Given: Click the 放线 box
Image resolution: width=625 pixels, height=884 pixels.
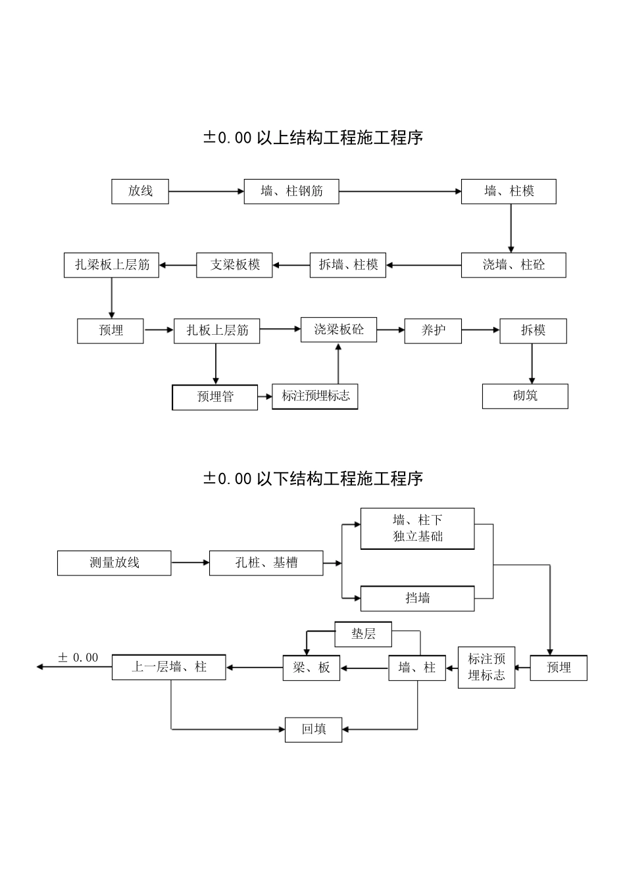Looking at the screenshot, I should point(140,191).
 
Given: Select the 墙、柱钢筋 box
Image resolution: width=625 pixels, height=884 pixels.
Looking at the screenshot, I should point(291,191).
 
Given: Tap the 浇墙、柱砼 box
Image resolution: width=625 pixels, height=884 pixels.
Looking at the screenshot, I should point(513,265).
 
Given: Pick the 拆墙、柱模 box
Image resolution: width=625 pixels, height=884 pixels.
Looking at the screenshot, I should point(348,265).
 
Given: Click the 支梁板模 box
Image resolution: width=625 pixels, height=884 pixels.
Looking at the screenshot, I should point(234,265).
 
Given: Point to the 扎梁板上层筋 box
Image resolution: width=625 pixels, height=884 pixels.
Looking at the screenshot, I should point(111,265).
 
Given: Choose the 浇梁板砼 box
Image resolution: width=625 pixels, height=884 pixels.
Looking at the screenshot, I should point(339,330).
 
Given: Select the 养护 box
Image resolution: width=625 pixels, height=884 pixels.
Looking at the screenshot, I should point(433,330).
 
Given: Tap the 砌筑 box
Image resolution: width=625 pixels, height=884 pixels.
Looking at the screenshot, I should point(525,396).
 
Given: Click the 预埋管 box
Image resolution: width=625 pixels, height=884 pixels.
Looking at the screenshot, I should point(215,397).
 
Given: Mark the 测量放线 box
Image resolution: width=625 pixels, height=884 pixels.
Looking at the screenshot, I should point(114,563).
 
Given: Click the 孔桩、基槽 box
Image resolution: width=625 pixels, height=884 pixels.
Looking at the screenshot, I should point(266,563).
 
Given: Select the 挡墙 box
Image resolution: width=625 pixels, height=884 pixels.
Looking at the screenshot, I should point(417,599).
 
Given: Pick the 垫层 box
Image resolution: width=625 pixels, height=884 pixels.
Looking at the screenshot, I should point(363,634).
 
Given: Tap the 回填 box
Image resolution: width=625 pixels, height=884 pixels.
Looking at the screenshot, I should point(313,729).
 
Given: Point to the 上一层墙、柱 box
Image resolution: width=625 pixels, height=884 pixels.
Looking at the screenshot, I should point(169,667).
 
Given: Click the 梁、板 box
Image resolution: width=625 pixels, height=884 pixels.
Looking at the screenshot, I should point(311,668).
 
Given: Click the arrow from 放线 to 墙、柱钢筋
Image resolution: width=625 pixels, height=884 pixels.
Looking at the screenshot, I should point(206,191).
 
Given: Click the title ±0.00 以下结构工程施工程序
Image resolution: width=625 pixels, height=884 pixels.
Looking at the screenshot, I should point(312,478).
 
